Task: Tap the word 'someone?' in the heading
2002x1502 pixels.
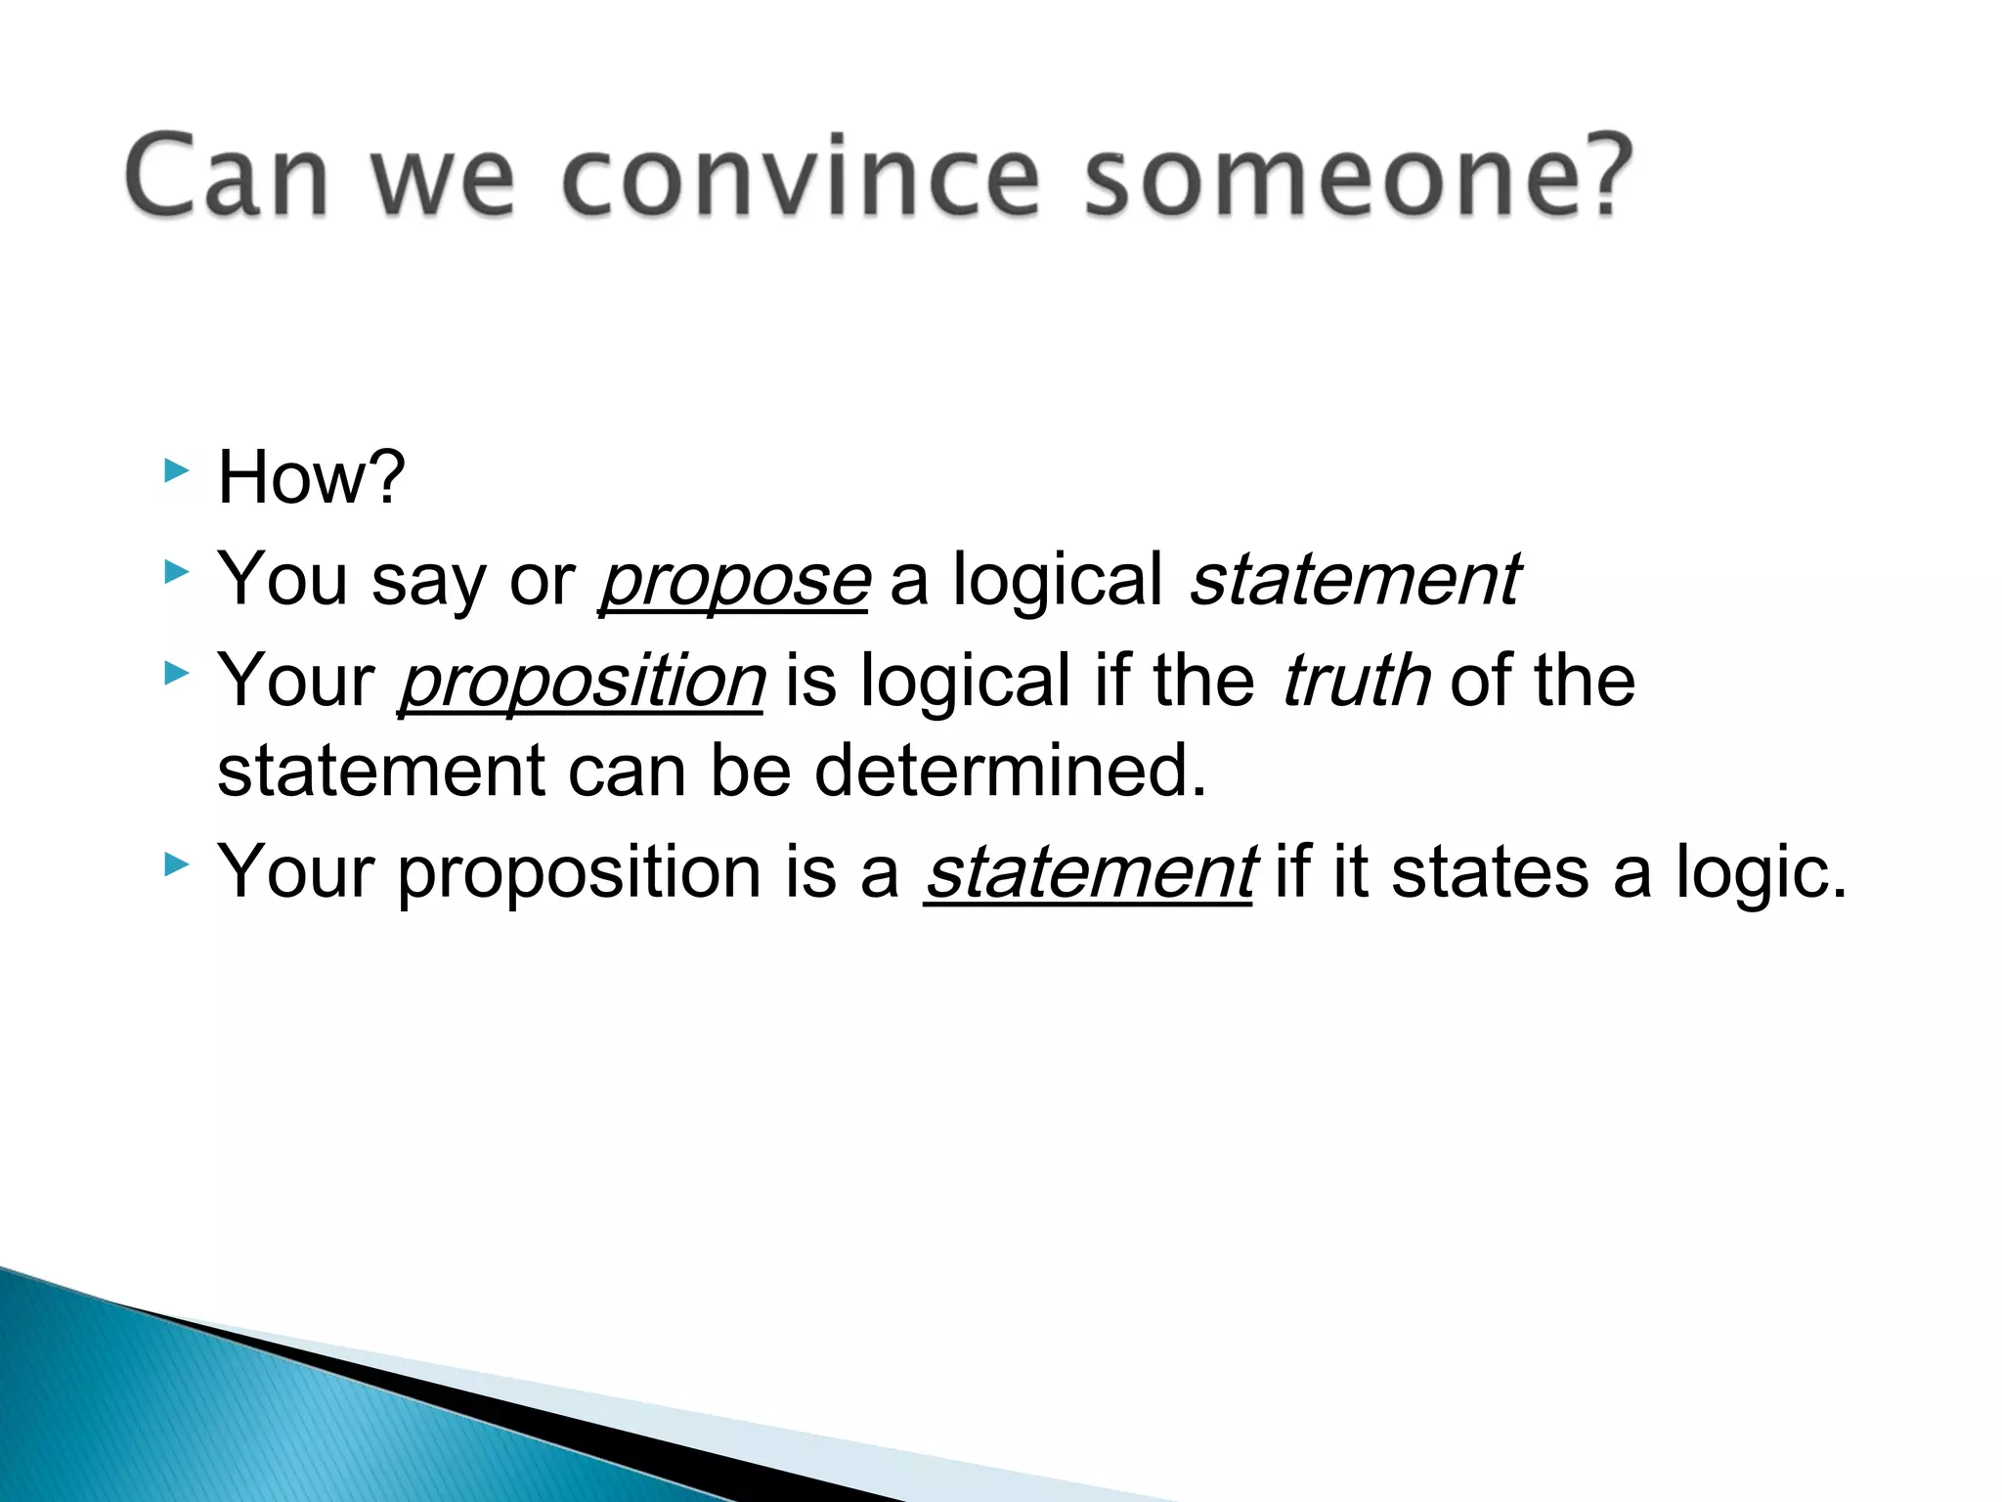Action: tap(1358, 178)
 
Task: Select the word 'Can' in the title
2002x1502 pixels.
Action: tap(227, 178)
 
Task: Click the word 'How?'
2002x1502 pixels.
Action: tap(311, 478)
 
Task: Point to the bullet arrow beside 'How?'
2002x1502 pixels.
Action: tap(176, 471)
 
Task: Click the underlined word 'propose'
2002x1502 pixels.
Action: tap(733, 581)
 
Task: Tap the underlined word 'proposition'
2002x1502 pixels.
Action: tap(582, 682)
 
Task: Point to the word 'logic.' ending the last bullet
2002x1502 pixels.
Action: tap(1762, 872)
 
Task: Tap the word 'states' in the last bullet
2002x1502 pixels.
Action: tap(1490, 872)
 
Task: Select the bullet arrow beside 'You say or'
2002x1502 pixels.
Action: tap(176, 571)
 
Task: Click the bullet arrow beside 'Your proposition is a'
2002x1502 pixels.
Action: tap(176, 864)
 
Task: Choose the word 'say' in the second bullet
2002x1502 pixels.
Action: tap(428, 581)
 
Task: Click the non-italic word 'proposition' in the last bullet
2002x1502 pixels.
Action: tap(579, 872)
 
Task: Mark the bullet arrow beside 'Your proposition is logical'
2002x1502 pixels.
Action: tap(176, 673)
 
